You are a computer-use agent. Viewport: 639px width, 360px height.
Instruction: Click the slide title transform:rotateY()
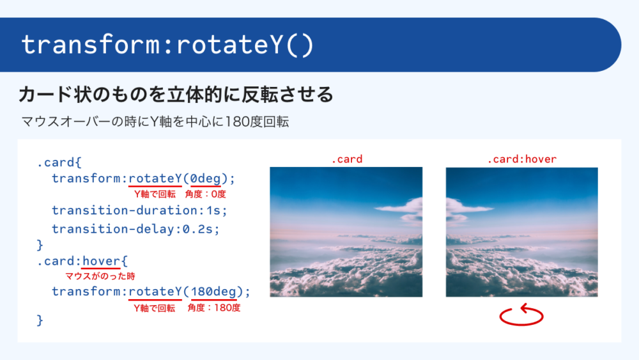[x=167, y=45]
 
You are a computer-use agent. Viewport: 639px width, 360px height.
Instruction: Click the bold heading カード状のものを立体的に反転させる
[x=176, y=95]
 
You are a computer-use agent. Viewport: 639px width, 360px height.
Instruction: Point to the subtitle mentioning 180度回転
[x=155, y=121]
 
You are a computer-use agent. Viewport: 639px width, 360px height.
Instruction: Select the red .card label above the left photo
[x=347, y=159]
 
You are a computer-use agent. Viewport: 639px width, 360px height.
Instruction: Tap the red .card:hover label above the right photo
[x=521, y=159]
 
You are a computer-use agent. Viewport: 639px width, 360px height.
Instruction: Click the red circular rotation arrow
[x=521, y=315]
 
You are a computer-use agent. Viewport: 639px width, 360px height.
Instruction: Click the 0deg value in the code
[x=206, y=178]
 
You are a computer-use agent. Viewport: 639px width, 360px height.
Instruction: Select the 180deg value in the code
[x=213, y=292]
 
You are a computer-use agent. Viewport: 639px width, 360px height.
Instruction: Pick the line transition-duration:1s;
[x=139, y=210]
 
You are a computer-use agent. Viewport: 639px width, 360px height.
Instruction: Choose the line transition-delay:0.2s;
[x=135, y=229]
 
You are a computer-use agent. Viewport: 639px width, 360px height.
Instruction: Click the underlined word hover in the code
[x=101, y=261]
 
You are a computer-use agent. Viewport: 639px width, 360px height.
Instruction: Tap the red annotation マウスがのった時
[x=100, y=276]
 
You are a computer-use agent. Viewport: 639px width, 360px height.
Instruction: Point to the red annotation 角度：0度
[x=205, y=194]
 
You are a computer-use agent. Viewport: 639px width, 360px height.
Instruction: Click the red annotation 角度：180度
[x=214, y=308]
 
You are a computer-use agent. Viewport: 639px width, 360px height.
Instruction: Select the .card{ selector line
[x=59, y=162]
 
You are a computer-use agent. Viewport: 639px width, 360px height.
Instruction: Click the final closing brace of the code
[x=40, y=320]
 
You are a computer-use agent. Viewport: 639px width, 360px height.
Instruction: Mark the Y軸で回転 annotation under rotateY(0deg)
[x=155, y=194]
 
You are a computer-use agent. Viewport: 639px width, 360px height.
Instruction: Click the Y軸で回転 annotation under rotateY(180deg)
[x=155, y=308]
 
